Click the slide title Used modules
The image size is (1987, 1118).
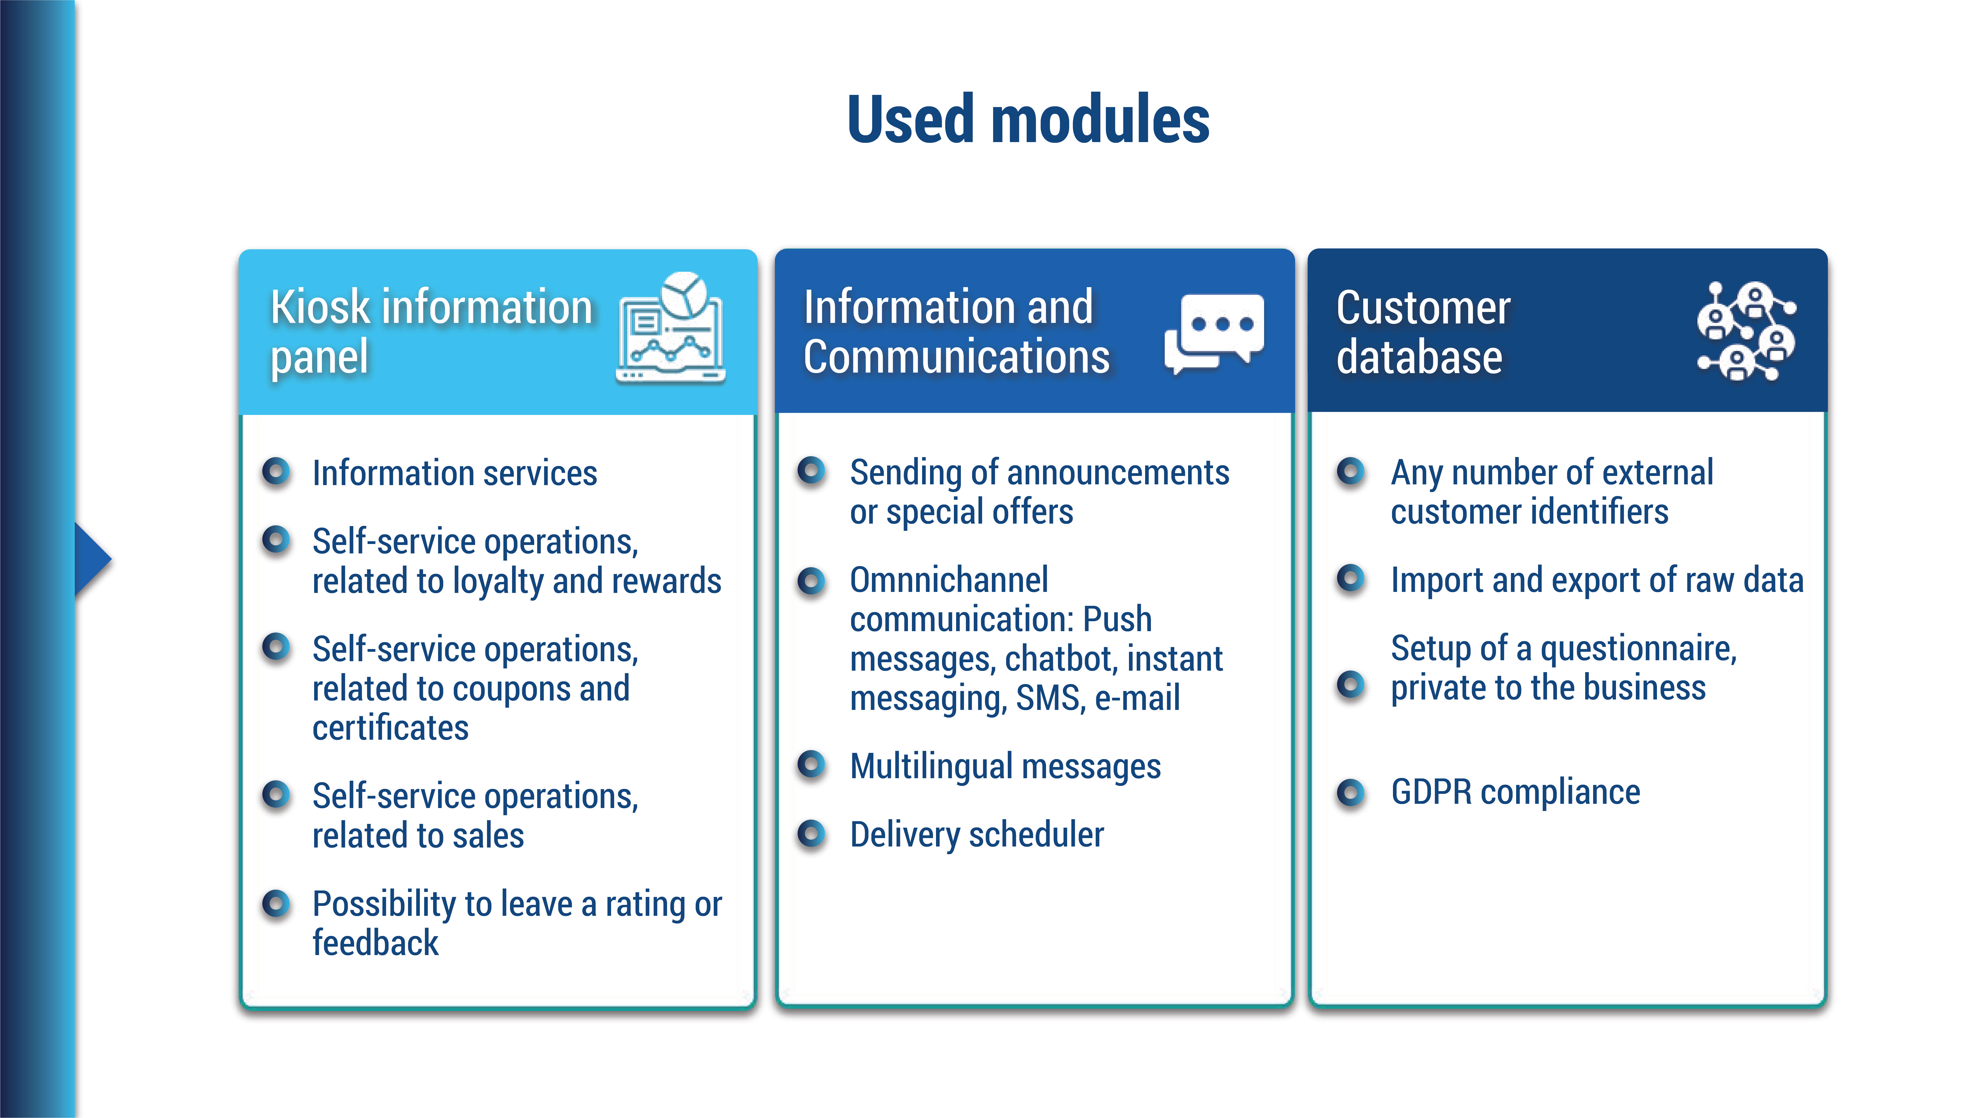(1028, 119)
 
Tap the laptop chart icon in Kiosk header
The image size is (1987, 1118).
(670, 327)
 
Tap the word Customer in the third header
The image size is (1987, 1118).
(1423, 308)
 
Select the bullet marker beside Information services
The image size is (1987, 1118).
(275, 471)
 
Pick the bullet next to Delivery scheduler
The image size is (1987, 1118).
(811, 833)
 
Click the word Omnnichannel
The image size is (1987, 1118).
(949, 579)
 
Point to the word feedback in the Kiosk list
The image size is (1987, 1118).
(376, 943)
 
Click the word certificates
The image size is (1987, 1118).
(390, 728)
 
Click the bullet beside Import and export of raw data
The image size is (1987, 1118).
(1351, 578)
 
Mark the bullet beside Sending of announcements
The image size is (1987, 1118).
(811, 471)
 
